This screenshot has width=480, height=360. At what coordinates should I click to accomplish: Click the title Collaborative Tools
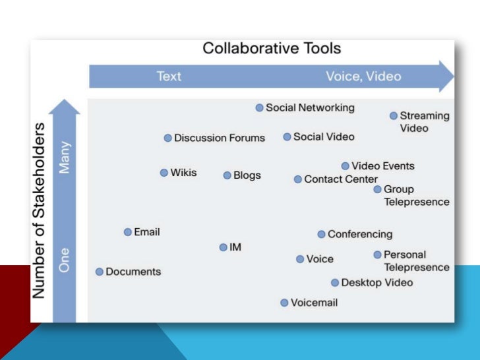(x=271, y=48)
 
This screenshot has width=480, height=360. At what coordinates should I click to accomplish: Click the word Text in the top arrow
(x=169, y=76)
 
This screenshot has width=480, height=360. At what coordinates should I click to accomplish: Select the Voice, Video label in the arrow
(x=363, y=76)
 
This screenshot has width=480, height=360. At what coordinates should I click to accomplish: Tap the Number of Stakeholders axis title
(x=40, y=208)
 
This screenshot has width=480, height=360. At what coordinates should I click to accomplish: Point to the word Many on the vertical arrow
(x=64, y=158)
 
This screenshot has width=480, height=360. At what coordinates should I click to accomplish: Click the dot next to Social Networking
(x=260, y=107)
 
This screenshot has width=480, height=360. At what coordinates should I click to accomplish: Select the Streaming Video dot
(x=394, y=115)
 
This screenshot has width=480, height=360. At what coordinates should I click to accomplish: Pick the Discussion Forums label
(x=219, y=138)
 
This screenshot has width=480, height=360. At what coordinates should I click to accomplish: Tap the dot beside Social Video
(x=287, y=137)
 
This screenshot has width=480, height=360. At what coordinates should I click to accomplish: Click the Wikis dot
(x=164, y=173)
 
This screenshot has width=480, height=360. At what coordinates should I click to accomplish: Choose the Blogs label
(x=247, y=175)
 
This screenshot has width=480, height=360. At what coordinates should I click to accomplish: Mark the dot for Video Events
(x=345, y=166)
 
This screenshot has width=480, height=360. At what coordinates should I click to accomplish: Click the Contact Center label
(x=341, y=179)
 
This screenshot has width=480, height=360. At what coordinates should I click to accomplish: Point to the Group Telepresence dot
(x=378, y=189)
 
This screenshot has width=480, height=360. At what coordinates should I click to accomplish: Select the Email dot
(x=128, y=232)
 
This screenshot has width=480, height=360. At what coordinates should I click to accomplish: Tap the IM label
(x=235, y=247)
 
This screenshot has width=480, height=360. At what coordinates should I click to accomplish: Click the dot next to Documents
(x=100, y=272)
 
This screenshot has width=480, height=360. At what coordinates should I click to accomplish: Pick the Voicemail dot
(x=284, y=303)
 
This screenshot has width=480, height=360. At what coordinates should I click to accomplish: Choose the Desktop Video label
(x=376, y=283)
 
